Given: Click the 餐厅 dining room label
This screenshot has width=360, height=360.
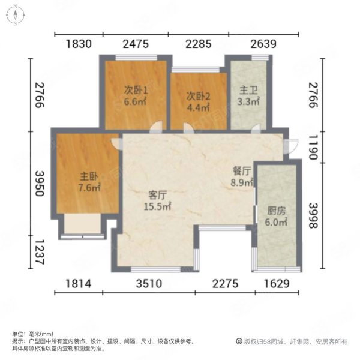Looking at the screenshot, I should pyautogui.click(x=242, y=170).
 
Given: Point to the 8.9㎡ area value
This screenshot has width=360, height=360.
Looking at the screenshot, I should pyautogui.click(x=243, y=182).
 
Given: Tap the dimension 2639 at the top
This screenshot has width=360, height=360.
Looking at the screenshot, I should pyautogui.click(x=246, y=43).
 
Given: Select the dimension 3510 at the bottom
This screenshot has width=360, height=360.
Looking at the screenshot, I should pyautogui.click(x=148, y=284).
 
